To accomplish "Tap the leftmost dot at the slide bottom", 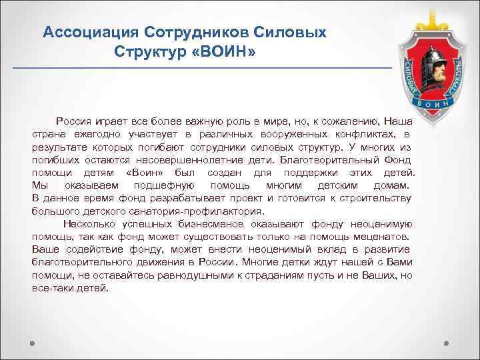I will point(31,345).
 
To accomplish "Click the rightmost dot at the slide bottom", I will point(447,345).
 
